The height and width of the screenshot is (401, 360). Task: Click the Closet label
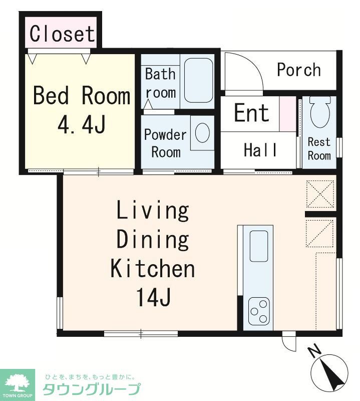63,34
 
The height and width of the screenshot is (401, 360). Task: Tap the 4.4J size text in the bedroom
82,125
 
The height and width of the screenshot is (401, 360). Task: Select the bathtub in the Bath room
198,80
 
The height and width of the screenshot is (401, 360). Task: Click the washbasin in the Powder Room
202,133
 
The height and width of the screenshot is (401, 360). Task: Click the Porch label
299,70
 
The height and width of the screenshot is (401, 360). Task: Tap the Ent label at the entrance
252,112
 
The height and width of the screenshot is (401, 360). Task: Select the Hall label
260,149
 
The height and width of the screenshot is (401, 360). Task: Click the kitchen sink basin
258,246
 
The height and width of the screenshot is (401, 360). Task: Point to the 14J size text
154,297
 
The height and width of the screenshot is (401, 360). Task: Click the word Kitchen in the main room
153,268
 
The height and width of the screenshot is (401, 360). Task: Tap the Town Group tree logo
18,383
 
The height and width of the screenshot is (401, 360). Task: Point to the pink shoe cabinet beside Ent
287,114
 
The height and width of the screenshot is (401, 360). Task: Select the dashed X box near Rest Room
320,193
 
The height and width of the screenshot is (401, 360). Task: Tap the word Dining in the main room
153,240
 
